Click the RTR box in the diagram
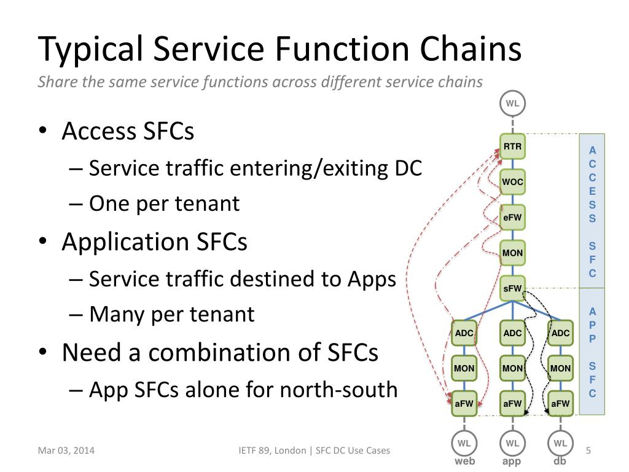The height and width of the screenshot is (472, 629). pos(512,147)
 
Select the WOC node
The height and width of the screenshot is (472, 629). pos(512,182)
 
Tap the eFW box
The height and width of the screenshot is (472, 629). pos(512,217)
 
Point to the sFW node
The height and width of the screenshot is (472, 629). pos(512,288)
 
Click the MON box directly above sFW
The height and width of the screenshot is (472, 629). pos(512,253)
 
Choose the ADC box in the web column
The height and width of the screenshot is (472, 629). pos(464,333)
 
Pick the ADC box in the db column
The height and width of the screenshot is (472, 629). pos(560,333)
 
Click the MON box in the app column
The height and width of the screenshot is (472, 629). pos(512,369)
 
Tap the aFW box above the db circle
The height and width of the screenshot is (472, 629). pos(560,404)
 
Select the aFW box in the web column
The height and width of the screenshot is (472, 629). pos(464,404)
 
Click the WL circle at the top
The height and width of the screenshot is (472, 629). pos(512,103)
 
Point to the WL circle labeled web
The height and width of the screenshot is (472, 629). pos(464,442)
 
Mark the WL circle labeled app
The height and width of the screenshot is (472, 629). pos(512,442)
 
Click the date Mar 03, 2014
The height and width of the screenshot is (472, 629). pos(66,451)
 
